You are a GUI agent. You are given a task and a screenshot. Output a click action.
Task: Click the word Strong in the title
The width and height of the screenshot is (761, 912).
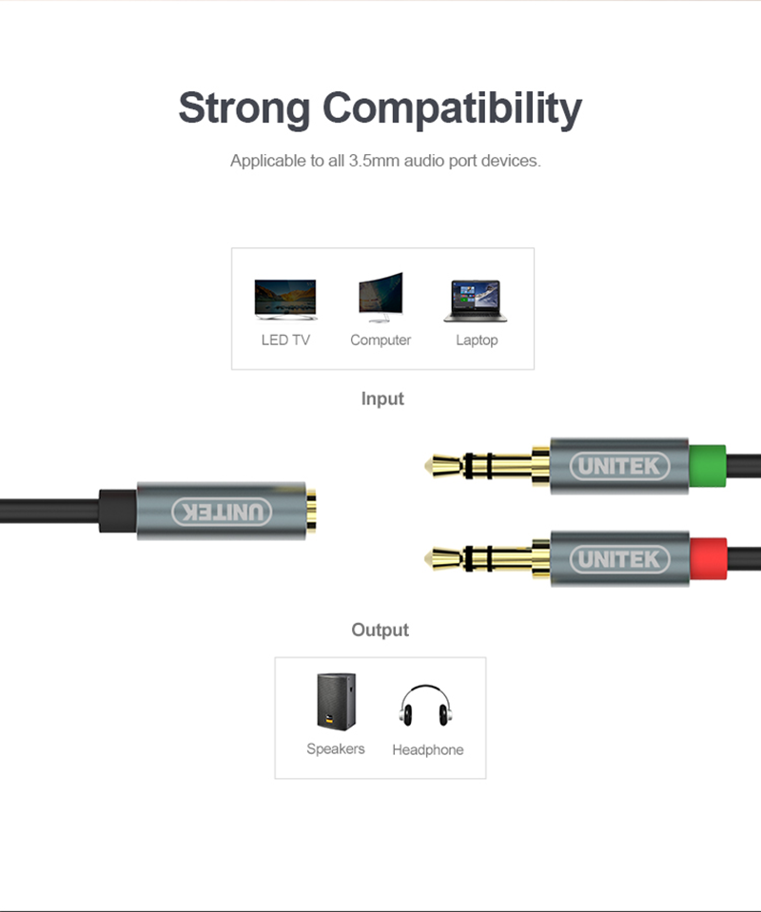[x=244, y=107]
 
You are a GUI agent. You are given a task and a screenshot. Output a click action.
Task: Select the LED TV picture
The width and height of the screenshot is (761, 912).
[x=285, y=300]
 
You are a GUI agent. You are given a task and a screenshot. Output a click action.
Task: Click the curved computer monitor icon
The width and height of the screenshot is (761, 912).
[x=380, y=298]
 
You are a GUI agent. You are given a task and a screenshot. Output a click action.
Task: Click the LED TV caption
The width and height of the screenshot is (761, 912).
[x=285, y=340]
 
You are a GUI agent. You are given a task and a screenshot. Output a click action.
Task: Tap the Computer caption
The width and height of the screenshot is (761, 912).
[x=380, y=340]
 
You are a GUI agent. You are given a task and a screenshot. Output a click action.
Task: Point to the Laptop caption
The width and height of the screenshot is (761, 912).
[x=477, y=340]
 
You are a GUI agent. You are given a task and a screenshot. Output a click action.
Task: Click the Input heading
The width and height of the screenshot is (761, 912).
[x=382, y=398]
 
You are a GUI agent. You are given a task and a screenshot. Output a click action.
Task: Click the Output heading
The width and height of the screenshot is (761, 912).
[x=380, y=630]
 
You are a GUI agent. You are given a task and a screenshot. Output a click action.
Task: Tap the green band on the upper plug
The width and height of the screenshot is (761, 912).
[x=707, y=466]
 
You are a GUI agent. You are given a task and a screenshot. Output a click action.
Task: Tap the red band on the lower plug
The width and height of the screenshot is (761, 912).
[x=707, y=558]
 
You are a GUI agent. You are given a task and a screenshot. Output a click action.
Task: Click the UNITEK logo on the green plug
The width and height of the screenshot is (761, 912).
[x=619, y=466]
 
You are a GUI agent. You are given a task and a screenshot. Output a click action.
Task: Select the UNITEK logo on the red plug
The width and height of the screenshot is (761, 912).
[x=619, y=558]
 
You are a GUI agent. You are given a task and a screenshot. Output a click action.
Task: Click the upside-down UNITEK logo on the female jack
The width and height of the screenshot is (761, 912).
[x=222, y=512]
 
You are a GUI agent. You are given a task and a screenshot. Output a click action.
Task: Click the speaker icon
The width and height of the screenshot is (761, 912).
[x=336, y=701]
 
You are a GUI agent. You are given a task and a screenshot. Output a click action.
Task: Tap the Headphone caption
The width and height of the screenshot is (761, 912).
[x=428, y=749]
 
